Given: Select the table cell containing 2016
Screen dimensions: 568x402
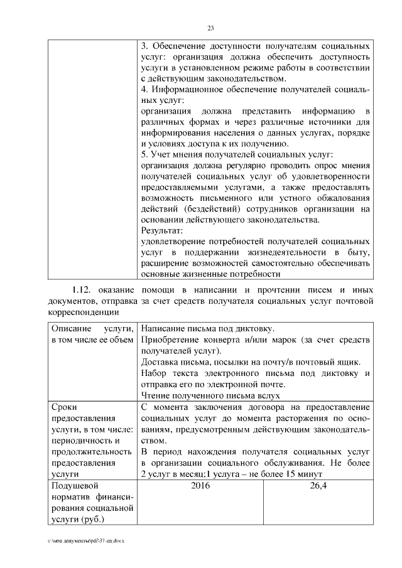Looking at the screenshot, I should tap(200, 485).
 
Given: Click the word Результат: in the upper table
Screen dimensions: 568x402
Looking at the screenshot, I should tap(161, 230).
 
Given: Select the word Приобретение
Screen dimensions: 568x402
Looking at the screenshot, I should tap(171, 340).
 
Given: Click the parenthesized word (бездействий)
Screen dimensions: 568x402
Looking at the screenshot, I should tap(204, 208).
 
